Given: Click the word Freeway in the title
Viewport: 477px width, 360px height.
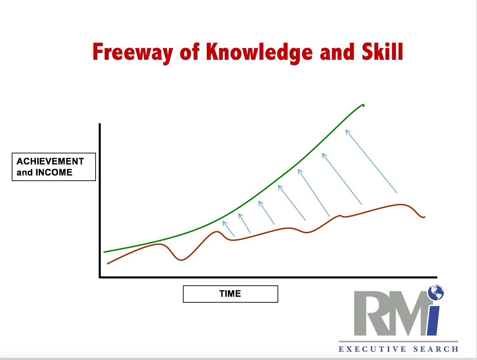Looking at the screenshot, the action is pos(133,52).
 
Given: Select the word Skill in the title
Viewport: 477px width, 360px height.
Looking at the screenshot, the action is pos(382,51).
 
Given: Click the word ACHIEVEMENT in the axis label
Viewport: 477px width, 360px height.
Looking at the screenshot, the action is pos(50,161).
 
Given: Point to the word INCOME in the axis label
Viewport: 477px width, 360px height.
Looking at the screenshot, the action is pos(54,172).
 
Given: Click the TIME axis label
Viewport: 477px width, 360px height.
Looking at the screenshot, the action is pos(230,294).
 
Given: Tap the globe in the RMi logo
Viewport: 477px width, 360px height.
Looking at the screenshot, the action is pos(436,292).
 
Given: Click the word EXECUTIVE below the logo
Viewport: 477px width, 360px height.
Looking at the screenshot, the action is pos(372,349).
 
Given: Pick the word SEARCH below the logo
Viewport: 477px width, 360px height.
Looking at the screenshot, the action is pos(436,349).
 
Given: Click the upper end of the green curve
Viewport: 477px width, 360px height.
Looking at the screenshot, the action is pos(363,105).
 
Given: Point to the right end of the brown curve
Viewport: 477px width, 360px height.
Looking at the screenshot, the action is pos(425,217).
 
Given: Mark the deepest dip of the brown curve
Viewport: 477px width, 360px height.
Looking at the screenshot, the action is pos(181,260).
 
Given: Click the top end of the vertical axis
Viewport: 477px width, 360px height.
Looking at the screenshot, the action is pos(100,124).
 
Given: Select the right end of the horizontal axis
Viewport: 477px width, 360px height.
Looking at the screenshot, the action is pos(437,277).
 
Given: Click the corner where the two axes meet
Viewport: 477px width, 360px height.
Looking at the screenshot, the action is pos(100,277).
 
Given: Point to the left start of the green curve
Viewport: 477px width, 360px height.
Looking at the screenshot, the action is pos(104,252).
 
